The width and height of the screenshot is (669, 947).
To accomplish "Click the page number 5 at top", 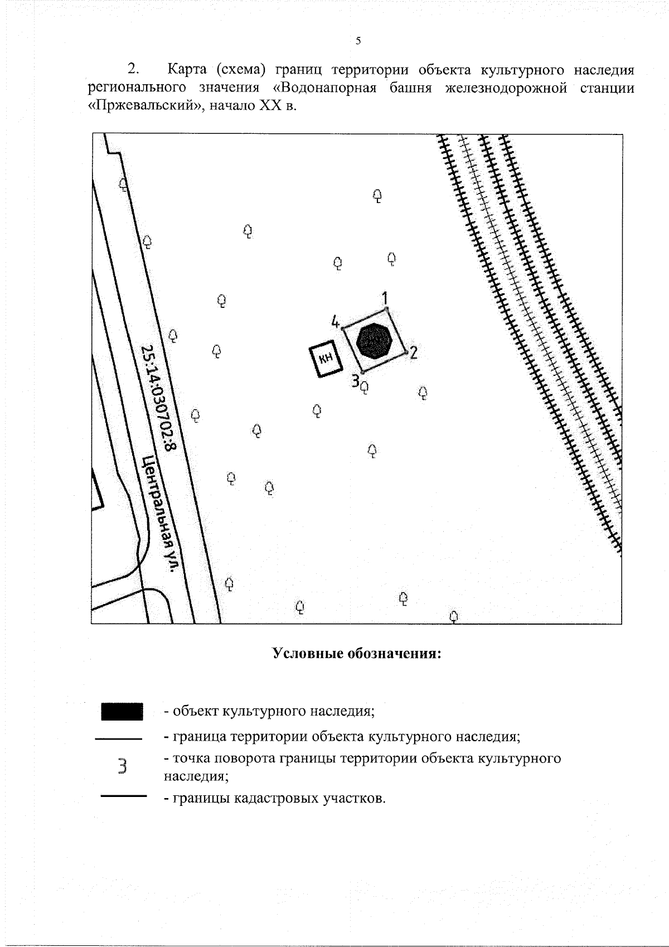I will (358, 40).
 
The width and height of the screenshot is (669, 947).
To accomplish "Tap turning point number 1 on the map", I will (385, 298).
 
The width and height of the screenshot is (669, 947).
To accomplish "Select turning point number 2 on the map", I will (413, 352).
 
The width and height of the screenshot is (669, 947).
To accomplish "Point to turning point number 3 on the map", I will (355, 381).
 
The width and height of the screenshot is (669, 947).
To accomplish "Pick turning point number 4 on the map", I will (335, 322).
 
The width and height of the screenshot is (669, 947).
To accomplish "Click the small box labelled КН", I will (326, 359).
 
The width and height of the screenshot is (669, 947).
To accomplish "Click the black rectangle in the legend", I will (122, 712).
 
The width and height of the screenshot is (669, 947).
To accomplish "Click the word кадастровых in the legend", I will (277, 798).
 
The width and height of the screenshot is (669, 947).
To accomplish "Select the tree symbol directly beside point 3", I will (365, 386).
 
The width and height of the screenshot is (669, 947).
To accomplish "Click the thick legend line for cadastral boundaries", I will (123, 796).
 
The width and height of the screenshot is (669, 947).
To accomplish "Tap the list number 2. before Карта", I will (134, 70).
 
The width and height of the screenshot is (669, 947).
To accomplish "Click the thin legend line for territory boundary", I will (119, 739).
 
